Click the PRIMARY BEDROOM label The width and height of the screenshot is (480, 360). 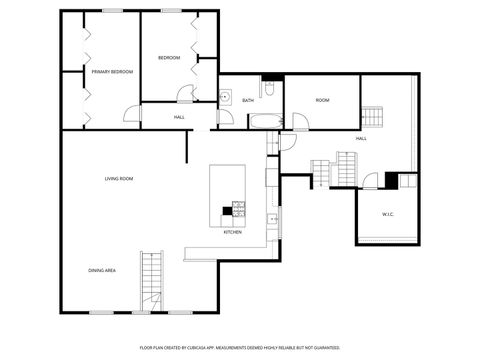pyautogui.click(x=112, y=72)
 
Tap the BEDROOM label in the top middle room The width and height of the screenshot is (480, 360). pyautogui.click(x=169, y=58)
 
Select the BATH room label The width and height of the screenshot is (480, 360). pyautogui.click(x=247, y=100)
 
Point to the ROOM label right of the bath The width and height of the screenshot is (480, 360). pyautogui.click(x=322, y=100)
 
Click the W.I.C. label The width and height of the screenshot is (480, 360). pyautogui.click(x=388, y=214)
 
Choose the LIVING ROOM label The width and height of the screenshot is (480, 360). pyautogui.click(x=119, y=179)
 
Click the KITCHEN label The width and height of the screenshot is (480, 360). pyautogui.click(x=232, y=232)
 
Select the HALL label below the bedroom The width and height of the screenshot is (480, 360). pyautogui.click(x=179, y=118)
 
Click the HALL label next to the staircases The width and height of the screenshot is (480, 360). pyautogui.click(x=360, y=138)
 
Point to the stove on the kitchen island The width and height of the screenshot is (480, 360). pyautogui.click(x=239, y=209)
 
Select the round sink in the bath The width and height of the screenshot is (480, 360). pyautogui.click(x=227, y=97)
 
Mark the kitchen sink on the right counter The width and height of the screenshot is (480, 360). pyautogui.click(x=271, y=219)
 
